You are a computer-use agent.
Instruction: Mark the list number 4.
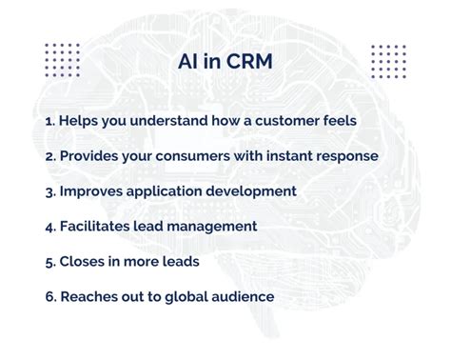(x=50, y=226)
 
